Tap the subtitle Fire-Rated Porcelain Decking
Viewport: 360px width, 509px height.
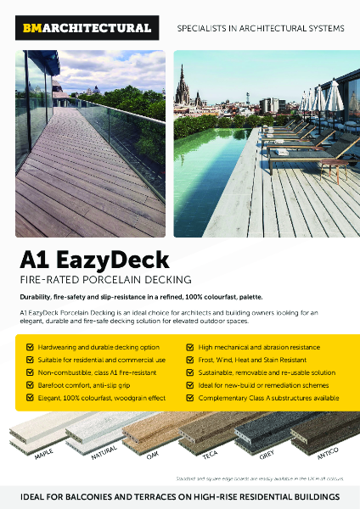click(x=104, y=280)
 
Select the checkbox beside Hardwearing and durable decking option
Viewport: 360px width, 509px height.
click(x=31, y=347)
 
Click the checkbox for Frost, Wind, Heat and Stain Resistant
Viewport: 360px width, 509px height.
click(x=190, y=360)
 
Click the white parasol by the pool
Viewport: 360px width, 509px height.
click(x=335, y=95)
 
